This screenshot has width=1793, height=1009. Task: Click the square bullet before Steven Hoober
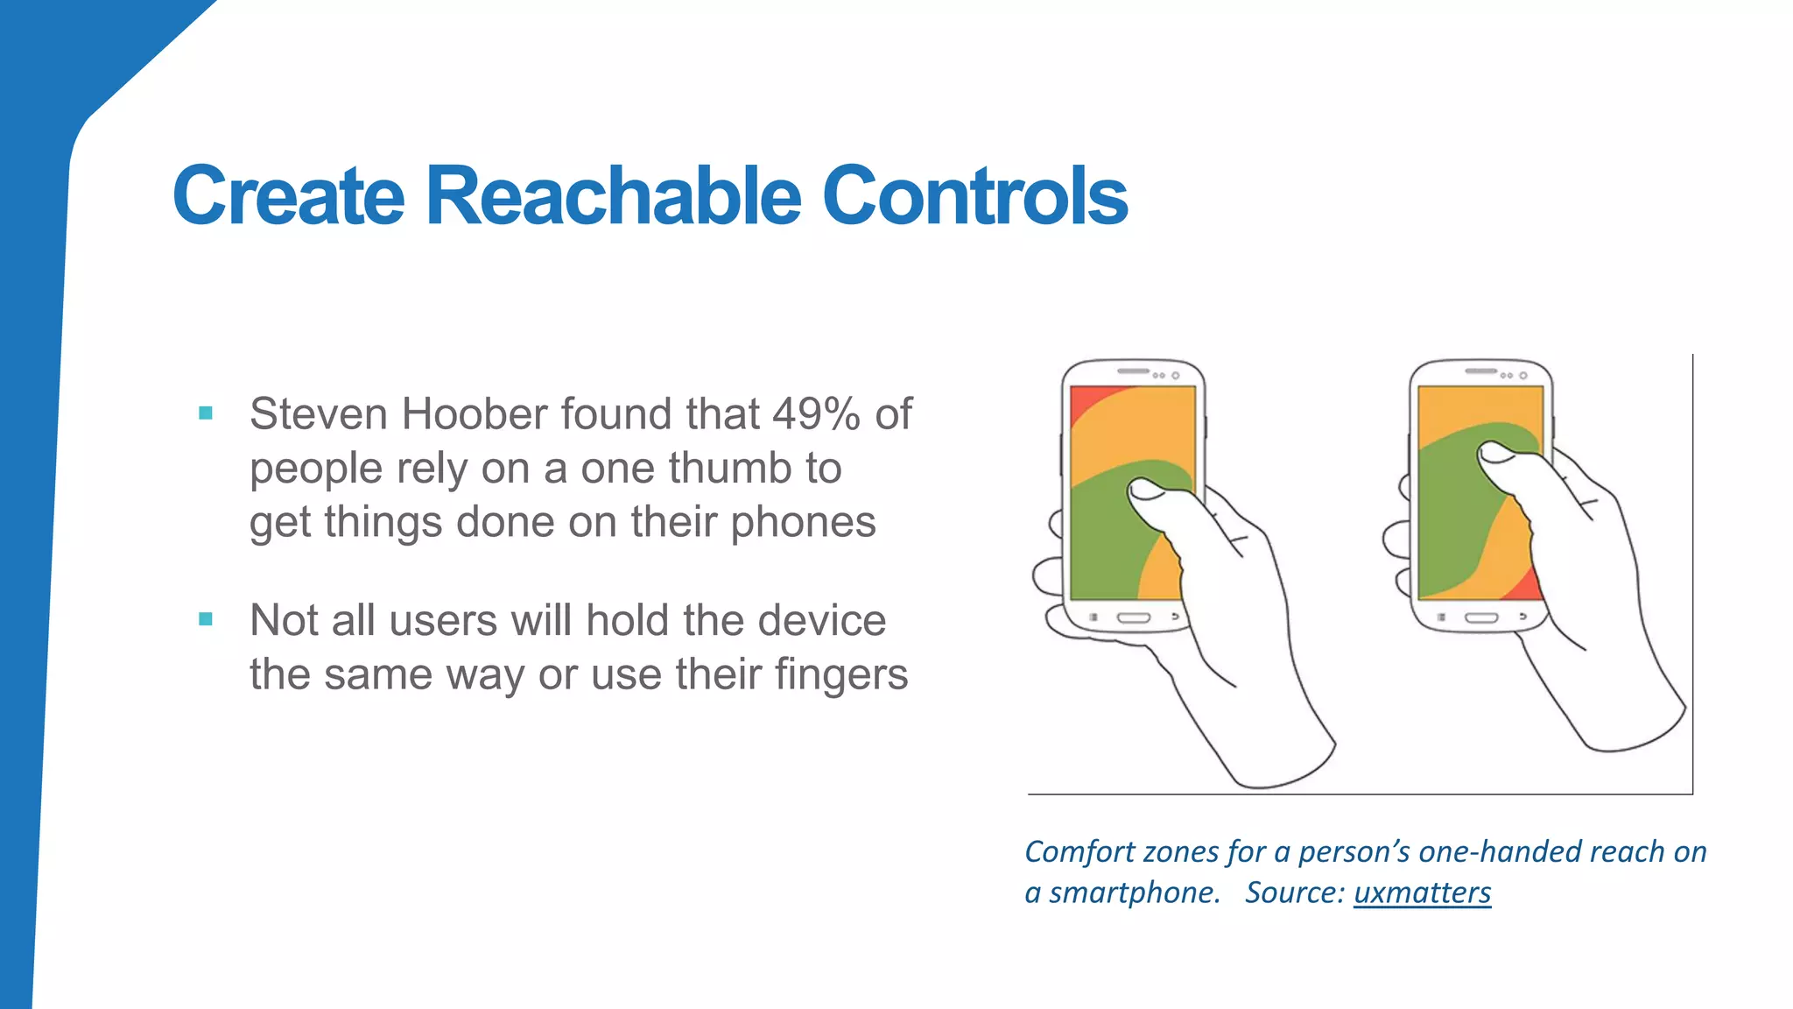point(206,413)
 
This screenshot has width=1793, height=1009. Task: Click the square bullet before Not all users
point(206,619)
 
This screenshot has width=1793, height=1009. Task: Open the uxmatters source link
point(1422,893)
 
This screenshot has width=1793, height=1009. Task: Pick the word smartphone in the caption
point(1134,893)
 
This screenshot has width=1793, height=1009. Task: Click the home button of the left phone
point(1134,618)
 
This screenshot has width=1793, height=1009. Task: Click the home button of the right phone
point(1481,618)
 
